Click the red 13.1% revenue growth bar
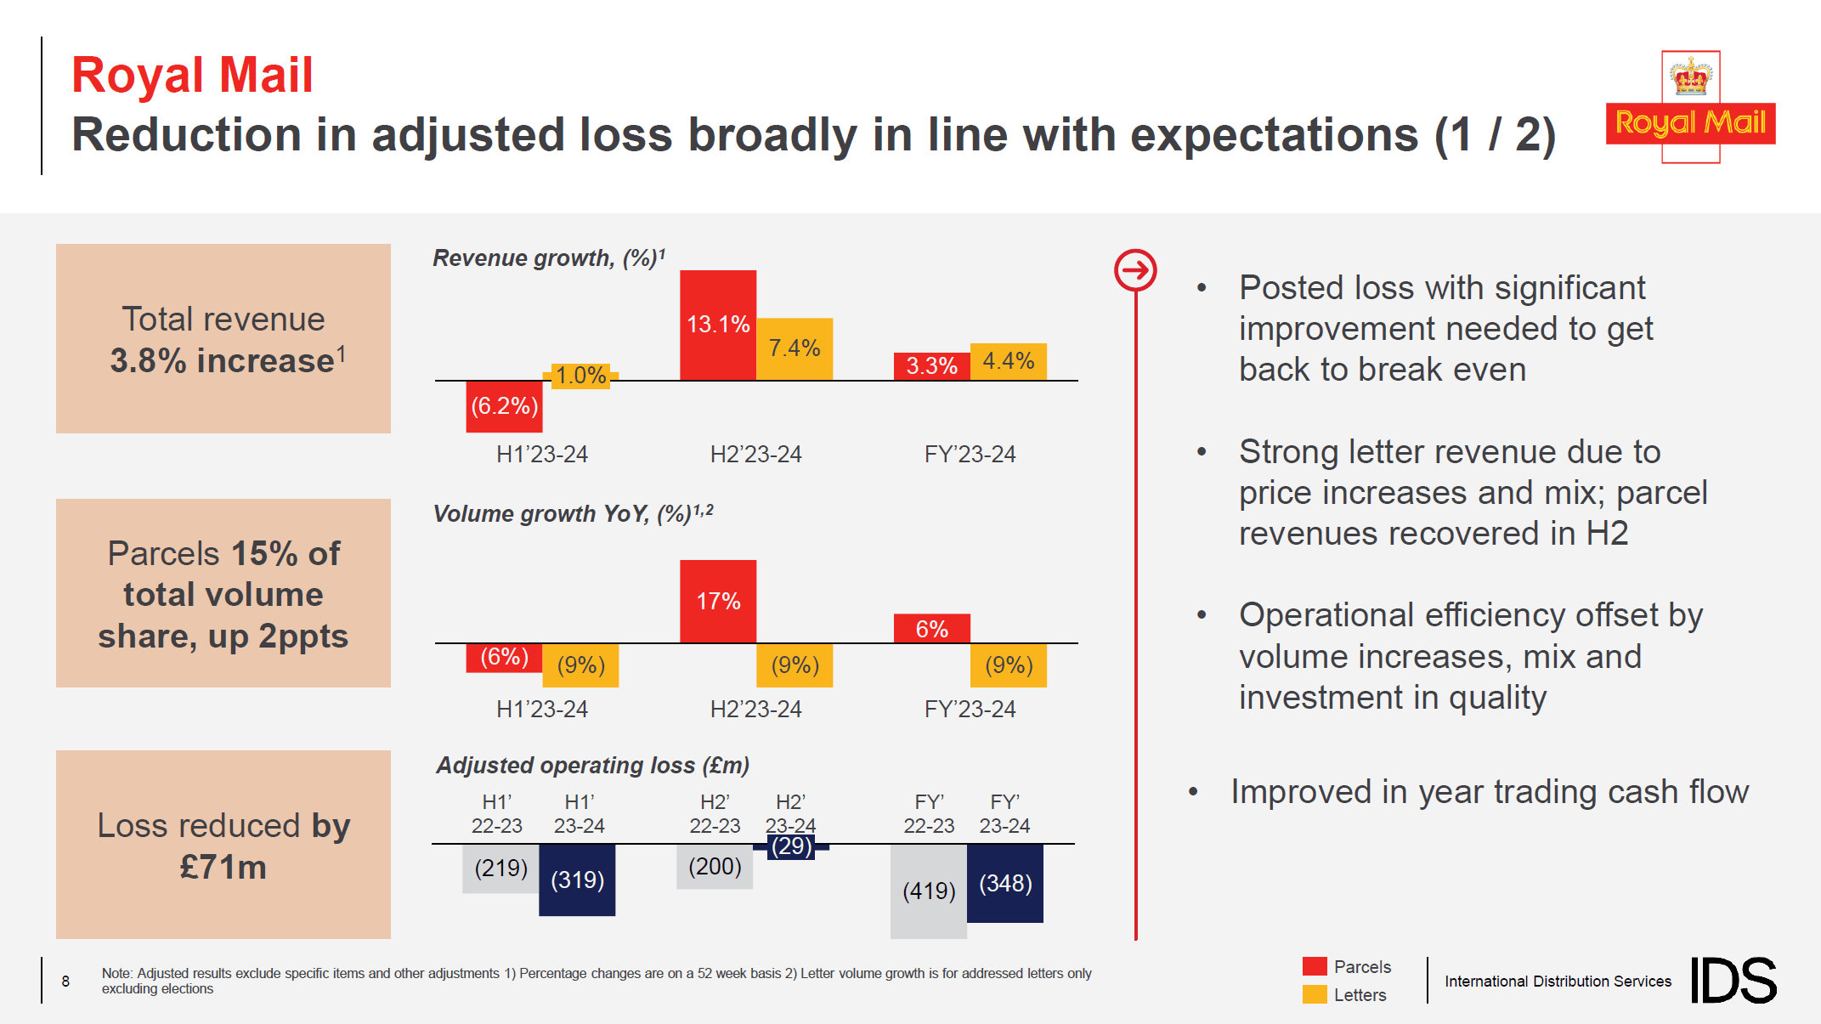point(717,325)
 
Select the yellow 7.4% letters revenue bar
point(795,348)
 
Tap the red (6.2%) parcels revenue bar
point(504,406)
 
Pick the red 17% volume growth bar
point(717,601)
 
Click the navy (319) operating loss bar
point(577,880)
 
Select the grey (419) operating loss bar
point(928,891)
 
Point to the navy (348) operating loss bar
point(1004,884)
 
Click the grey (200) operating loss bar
point(714,867)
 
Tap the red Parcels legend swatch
point(1314,966)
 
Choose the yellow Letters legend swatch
point(1314,994)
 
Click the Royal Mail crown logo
point(1690,106)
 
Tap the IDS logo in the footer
point(1733,980)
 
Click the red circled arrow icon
point(1135,271)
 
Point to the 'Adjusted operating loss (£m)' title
point(592,765)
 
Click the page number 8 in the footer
point(65,981)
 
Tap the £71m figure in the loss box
point(223,867)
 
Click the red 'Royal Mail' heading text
point(192,75)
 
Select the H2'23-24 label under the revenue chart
point(755,454)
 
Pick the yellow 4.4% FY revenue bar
point(1008,361)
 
